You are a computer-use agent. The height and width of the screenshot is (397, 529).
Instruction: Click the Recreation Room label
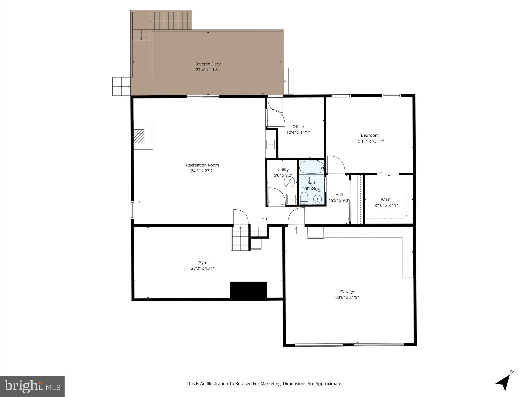point(202,165)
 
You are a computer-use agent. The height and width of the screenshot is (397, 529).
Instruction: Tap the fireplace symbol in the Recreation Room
point(139,136)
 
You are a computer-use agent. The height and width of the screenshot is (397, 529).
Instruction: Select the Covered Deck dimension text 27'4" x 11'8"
point(207,70)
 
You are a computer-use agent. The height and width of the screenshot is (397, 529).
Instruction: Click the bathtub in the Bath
point(312,167)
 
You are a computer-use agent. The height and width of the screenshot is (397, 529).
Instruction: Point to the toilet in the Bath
point(304,199)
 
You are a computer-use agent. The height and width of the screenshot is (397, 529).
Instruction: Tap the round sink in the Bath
point(317,199)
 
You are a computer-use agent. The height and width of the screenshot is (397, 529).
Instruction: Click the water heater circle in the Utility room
point(289,182)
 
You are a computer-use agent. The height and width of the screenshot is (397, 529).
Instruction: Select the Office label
point(298,126)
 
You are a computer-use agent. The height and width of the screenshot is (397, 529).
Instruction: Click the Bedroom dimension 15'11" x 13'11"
point(370,141)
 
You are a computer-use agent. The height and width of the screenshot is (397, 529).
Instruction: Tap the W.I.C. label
point(386,200)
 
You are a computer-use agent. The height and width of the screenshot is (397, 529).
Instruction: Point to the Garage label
point(347,292)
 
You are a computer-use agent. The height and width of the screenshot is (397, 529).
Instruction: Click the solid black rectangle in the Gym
point(248,291)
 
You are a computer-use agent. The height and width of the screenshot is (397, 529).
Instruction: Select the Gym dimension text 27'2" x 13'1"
point(203,268)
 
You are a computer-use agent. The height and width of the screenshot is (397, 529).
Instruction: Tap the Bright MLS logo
point(32,386)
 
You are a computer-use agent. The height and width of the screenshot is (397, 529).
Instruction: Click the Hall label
point(339,195)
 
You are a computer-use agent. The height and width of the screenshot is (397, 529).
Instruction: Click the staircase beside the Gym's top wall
point(240,239)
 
